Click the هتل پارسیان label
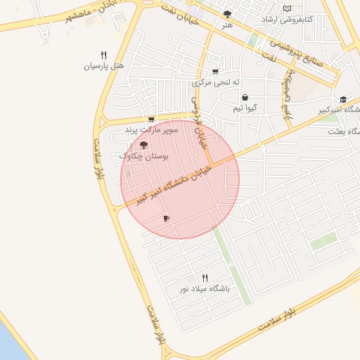[104, 67]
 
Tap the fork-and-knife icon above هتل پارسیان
[103, 54]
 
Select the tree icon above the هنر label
[226, 14]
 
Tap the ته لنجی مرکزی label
[215, 83]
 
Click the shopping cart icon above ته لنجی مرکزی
[214, 71]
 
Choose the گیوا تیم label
[245, 110]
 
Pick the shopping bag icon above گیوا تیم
[244, 98]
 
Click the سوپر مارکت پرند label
[152, 130]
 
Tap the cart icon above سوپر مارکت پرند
[151, 119]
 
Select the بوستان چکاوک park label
[143, 155]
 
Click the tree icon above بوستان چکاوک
[143, 144]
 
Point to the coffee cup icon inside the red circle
[166, 219]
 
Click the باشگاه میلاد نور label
[205, 289]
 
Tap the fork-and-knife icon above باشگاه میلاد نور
[205, 277]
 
